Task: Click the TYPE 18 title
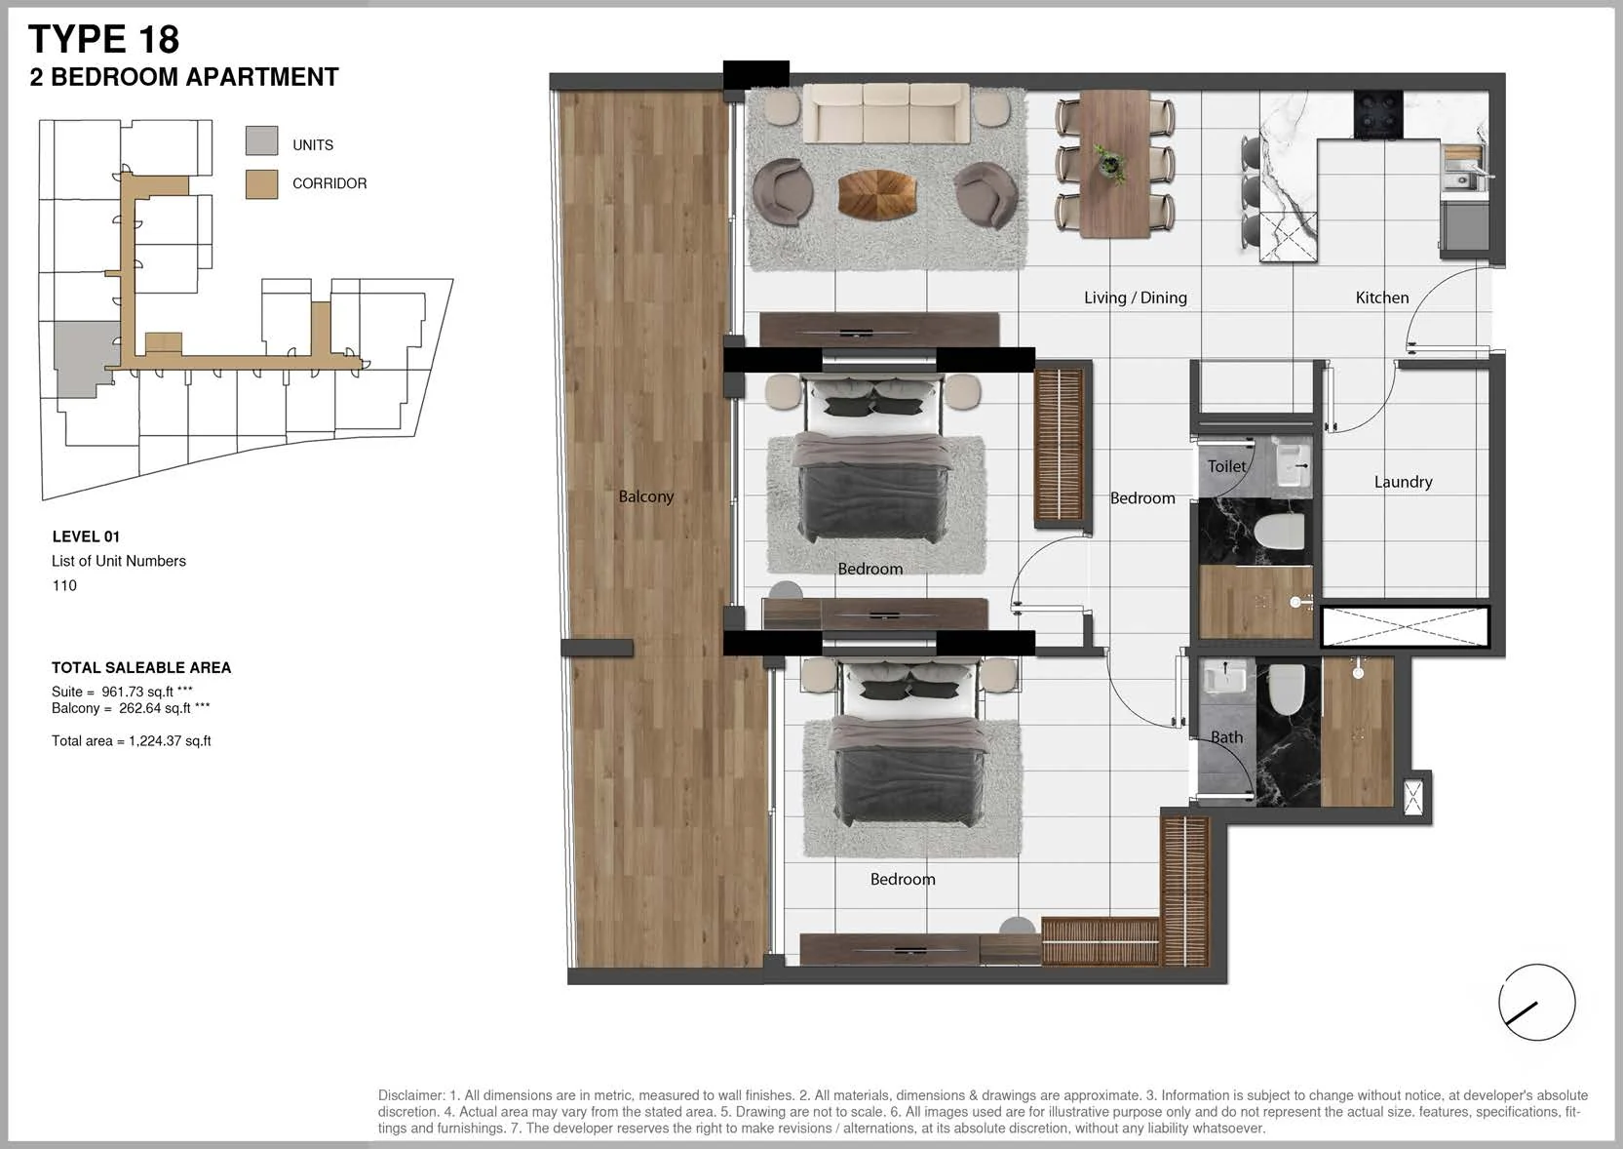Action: click(x=103, y=39)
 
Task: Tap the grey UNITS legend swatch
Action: click(x=261, y=140)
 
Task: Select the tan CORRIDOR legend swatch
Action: click(x=261, y=184)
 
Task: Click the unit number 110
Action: click(x=64, y=586)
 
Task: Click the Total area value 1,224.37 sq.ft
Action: click(x=171, y=741)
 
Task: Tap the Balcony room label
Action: click(x=645, y=496)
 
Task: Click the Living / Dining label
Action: click(x=1136, y=297)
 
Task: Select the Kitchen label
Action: click(x=1381, y=297)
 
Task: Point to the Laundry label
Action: click(x=1403, y=482)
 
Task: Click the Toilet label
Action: click(x=1226, y=466)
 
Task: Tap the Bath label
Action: click(x=1226, y=737)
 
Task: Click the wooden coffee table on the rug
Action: click(x=877, y=194)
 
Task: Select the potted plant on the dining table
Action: click(x=1110, y=162)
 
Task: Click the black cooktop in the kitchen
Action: click(x=1378, y=113)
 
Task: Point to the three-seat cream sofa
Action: click(x=885, y=113)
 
